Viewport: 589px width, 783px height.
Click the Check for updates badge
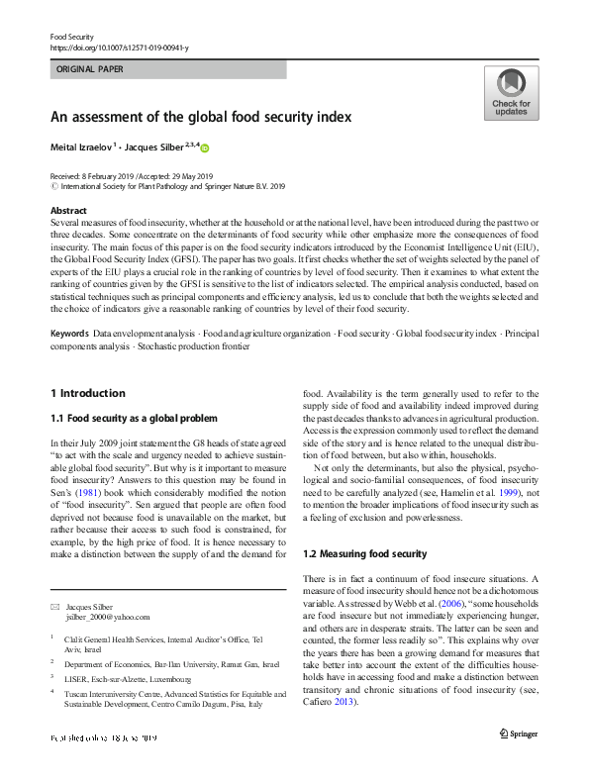click(x=511, y=93)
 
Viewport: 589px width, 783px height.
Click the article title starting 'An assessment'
click(x=201, y=117)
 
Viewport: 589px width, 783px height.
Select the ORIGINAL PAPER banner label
click(x=89, y=70)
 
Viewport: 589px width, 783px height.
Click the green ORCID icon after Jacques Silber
click(x=206, y=147)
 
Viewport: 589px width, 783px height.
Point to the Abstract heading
click(x=68, y=211)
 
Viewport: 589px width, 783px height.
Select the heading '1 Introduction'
click(x=88, y=393)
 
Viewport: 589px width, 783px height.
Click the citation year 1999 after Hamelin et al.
click(x=506, y=492)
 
